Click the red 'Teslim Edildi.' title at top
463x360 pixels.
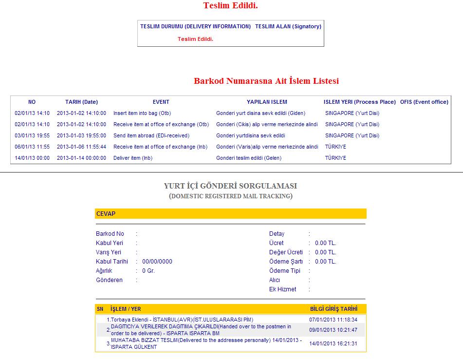pos(230,6)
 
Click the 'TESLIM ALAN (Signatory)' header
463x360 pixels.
pos(288,26)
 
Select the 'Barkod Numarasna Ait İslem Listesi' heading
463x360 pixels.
pos(266,81)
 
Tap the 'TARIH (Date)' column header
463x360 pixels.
pos(81,102)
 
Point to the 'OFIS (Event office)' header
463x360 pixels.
pos(424,102)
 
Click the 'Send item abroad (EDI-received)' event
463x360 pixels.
pos(151,135)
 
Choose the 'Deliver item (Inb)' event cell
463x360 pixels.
pos(133,158)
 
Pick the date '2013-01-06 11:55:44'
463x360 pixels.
pos(81,147)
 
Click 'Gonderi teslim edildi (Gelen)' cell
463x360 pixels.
pos(249,158)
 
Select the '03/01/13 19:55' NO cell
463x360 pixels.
pos(32,135)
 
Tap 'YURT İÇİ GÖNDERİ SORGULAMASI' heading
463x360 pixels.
pos(231,186)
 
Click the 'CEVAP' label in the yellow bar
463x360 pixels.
pos(106,214)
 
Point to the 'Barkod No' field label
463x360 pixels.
pos(110,234)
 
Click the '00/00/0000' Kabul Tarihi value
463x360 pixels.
pos(157,262)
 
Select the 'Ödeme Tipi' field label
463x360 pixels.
pos(285,271)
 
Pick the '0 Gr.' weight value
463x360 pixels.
pos(148,271)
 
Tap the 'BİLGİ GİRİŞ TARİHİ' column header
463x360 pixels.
pos(333,309)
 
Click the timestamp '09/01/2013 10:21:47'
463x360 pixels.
pos(333,330)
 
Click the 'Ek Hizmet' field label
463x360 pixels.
pos(283,289)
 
